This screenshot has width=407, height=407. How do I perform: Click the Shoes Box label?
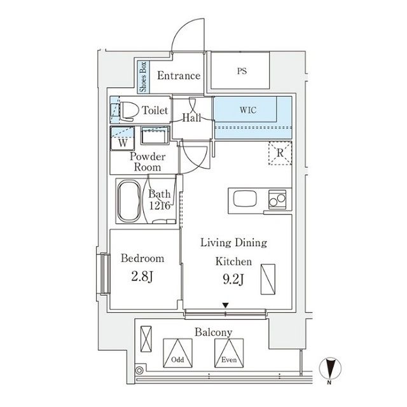pyautogui.click(x=143, y=76)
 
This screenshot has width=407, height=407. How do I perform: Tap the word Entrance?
pyautogui.click(x=179, y=76)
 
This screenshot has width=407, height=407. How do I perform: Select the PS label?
pyautogui.click(x=242, y=71)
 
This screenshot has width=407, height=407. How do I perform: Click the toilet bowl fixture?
pyautogui.click(x=129, y=109)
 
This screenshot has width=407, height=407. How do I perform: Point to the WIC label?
pyautogui.click(x=249, y=109)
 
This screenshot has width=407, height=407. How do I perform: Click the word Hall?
pyautogui.click(x=191, y=118)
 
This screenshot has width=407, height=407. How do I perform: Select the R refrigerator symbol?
pyautogui.click(x=280, y=153)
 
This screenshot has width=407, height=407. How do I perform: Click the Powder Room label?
pyautogui.click(x=148, y=162)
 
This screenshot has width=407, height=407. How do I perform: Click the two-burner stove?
pyautogui.click(x=277, y=200)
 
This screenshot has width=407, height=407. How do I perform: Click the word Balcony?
pyautogui.click(x=213, y=332)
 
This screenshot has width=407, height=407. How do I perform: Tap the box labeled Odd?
pyautogui.click(x=178, y=351)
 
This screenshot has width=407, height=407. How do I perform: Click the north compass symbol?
pyautogui.click(x=331, y=368)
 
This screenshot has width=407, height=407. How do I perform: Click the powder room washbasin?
pyautogui.click(x=153, y=137)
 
